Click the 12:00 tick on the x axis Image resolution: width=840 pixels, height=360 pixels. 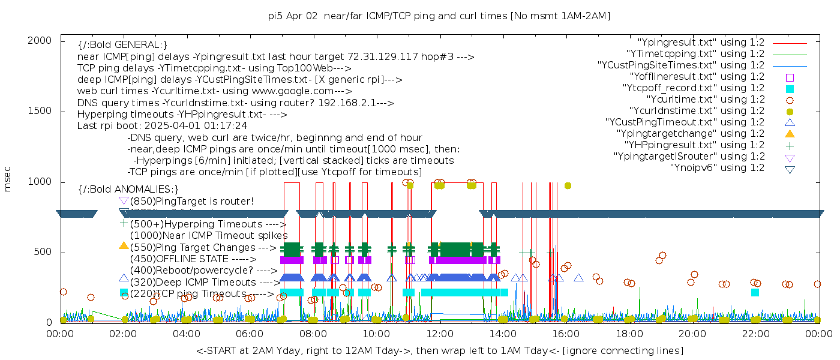[x=439, y=333]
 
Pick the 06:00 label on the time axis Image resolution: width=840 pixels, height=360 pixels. [x=250, y=333]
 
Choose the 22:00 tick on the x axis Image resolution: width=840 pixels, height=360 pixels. [x=755, y=333]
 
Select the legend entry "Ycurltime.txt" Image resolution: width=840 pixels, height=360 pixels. [x=706, y=100]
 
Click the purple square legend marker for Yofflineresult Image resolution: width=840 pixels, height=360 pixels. [x=790, y=77]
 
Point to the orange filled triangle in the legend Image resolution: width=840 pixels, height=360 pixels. [x=790, y=134]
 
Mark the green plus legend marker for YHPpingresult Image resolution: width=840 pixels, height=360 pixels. [x=790, y=145]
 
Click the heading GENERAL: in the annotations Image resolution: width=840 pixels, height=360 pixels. [x=122, y=45]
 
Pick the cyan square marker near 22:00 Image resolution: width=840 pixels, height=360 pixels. [x=755, y=292]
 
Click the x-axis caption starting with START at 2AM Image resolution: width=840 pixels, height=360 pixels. [x=439, y=350]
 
